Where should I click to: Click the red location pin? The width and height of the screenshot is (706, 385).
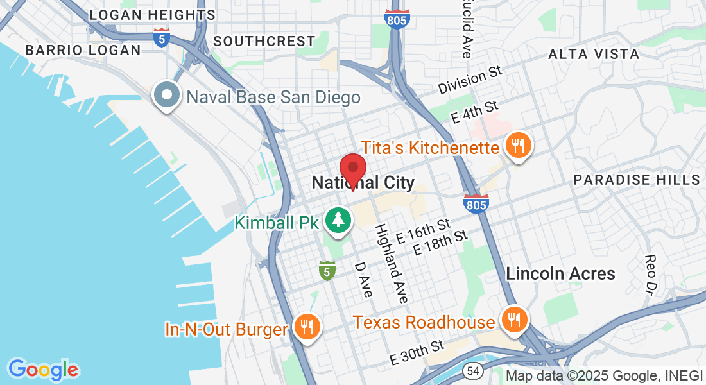pyautogui.click(x=352, y=169)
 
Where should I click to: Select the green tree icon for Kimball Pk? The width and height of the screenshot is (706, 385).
pyautogui.click(x=338, y=220)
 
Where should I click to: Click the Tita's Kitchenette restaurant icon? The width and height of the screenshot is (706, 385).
pyautogui.click(x=517, y=145)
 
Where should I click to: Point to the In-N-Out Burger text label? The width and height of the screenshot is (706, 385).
pyautogui.click(x=226, y=330)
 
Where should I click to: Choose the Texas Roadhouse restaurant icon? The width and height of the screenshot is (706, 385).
pyautogui.click(x=513, y=319)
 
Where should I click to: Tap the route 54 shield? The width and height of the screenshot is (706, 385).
pyautogui.click(x=474, y=371)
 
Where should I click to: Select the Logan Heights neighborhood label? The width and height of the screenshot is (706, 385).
pyautogui.click(x=152, y=15)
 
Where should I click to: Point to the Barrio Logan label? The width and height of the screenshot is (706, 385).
pyautogui.click(x=82, y=50)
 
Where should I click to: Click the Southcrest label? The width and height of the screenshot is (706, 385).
pyautogui.click(x=264, y=41)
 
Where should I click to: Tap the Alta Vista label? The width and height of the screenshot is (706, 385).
pyautogui.click(x=594, y=55)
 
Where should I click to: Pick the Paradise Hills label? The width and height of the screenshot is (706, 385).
pyautogui.click(x=636, y=180)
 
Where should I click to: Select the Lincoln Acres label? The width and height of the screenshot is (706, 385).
pyautogui.click(x=560, y=273)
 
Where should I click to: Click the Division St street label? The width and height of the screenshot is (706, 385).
pyautogui.click(x=470, y=80)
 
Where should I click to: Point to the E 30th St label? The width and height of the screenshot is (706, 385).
pyautogui.click(x=417, y=354)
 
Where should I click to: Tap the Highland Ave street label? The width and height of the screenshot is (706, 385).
pyautogui.click(x=392, y=263)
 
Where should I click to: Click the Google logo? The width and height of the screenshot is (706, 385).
pyautogui.click(x=43, y=370)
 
